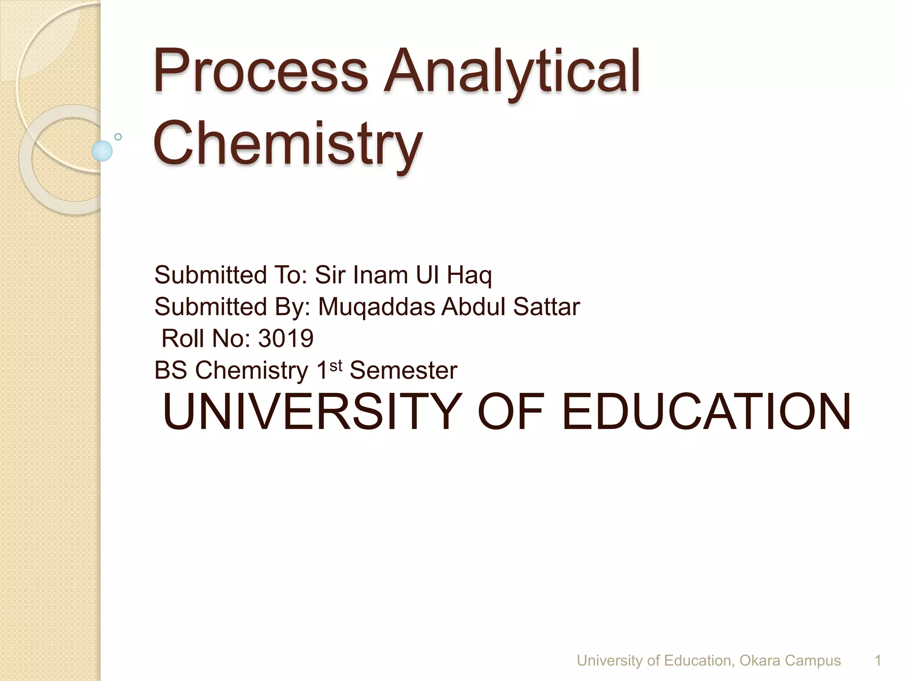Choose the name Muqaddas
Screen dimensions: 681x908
point(376,307)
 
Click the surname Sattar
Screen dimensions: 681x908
point(546,307)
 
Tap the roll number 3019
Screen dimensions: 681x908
point(286,338)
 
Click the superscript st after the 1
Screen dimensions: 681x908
point(336,365)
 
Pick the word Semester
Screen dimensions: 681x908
point(403,370)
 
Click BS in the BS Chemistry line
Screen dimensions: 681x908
point(171,370)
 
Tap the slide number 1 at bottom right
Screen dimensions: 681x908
point(877,661)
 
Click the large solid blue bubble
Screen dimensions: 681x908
point(102,151)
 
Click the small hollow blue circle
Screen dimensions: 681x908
point(118,137)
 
